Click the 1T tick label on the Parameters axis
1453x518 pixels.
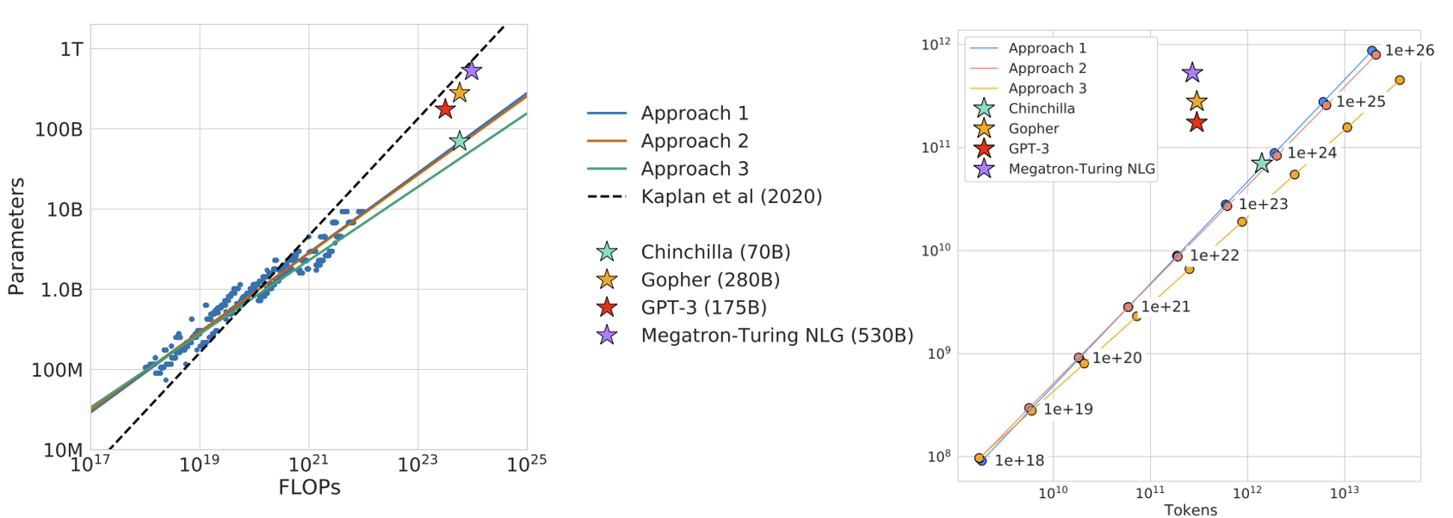(x=71, y=49)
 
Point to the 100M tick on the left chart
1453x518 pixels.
(x=57, y=370)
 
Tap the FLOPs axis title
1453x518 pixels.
(x=309, y=488)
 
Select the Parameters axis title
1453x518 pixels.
(x=15, y=237)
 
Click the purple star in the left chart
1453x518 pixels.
(x=471, y=71)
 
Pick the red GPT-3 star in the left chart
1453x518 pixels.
(x=445, y=109)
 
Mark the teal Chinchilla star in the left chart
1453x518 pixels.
(x=460, y=140)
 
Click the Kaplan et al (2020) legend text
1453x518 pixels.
(x=731, y=197)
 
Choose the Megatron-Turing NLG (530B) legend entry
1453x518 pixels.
(x=776, y=336)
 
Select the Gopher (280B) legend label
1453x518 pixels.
(x=710, y=280)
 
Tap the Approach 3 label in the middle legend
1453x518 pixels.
(x=694, y=169)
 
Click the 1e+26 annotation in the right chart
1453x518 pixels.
(x=1409, y=51)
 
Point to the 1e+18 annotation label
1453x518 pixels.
(x=1019, y=461)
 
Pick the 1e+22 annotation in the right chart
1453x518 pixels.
(x=1214, y=256)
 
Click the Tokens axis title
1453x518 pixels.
(x=1190, y=510)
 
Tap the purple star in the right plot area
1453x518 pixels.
(x=1192, y=73)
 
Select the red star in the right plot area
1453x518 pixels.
(x=1196, y=122)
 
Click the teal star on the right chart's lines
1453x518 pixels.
(x=1262, y=163)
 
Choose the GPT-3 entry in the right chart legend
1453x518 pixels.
(x=1028, y=149)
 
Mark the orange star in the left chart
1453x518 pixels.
(x=460, y=92)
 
